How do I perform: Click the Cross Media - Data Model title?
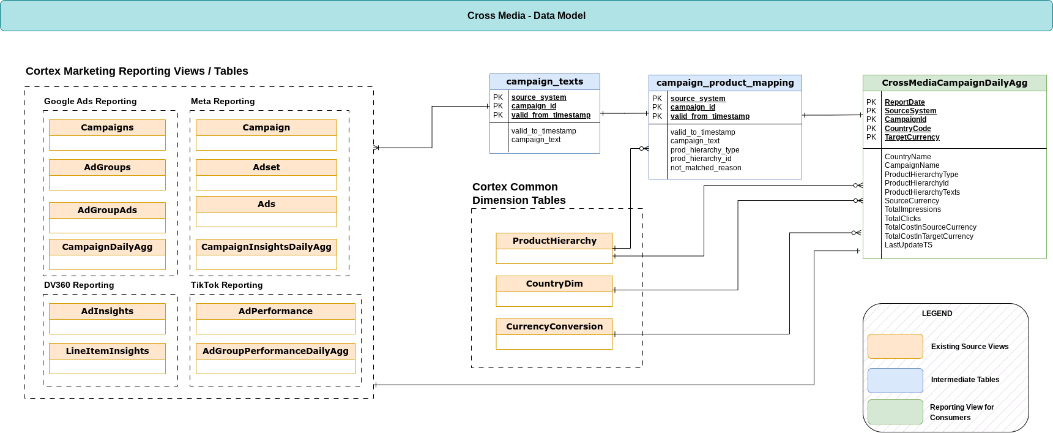[x=526, y=16]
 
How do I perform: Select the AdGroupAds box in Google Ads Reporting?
[x=107, y=211]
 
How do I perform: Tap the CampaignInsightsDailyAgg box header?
[x=266, y=247]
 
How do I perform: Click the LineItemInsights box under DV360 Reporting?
[x=107, y=351]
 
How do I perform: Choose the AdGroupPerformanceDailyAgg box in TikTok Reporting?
[x=275, y=351]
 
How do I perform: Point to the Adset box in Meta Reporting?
[x=266, y=167]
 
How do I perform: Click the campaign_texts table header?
[x=545, y=81]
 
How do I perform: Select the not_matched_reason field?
[x=705, y=168]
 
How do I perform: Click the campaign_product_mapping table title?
[x=725, y=83]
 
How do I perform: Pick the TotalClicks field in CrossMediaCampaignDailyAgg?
[x=902, y=219]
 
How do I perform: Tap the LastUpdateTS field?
[x=908, y=245]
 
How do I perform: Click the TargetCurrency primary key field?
[x=912, y=137]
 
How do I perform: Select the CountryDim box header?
[x=554, y=284]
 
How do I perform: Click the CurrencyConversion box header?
[x=554, y=326]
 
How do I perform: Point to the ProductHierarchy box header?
[x=554, y=241]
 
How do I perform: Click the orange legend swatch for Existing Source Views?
[x=895, y=346]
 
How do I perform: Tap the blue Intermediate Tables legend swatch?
[x=895, y=380]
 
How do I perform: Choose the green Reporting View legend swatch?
[x=895, y=412]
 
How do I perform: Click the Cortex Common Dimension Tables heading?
[x=518, y=194]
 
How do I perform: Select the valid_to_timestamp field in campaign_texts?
[x=543, y=131]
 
